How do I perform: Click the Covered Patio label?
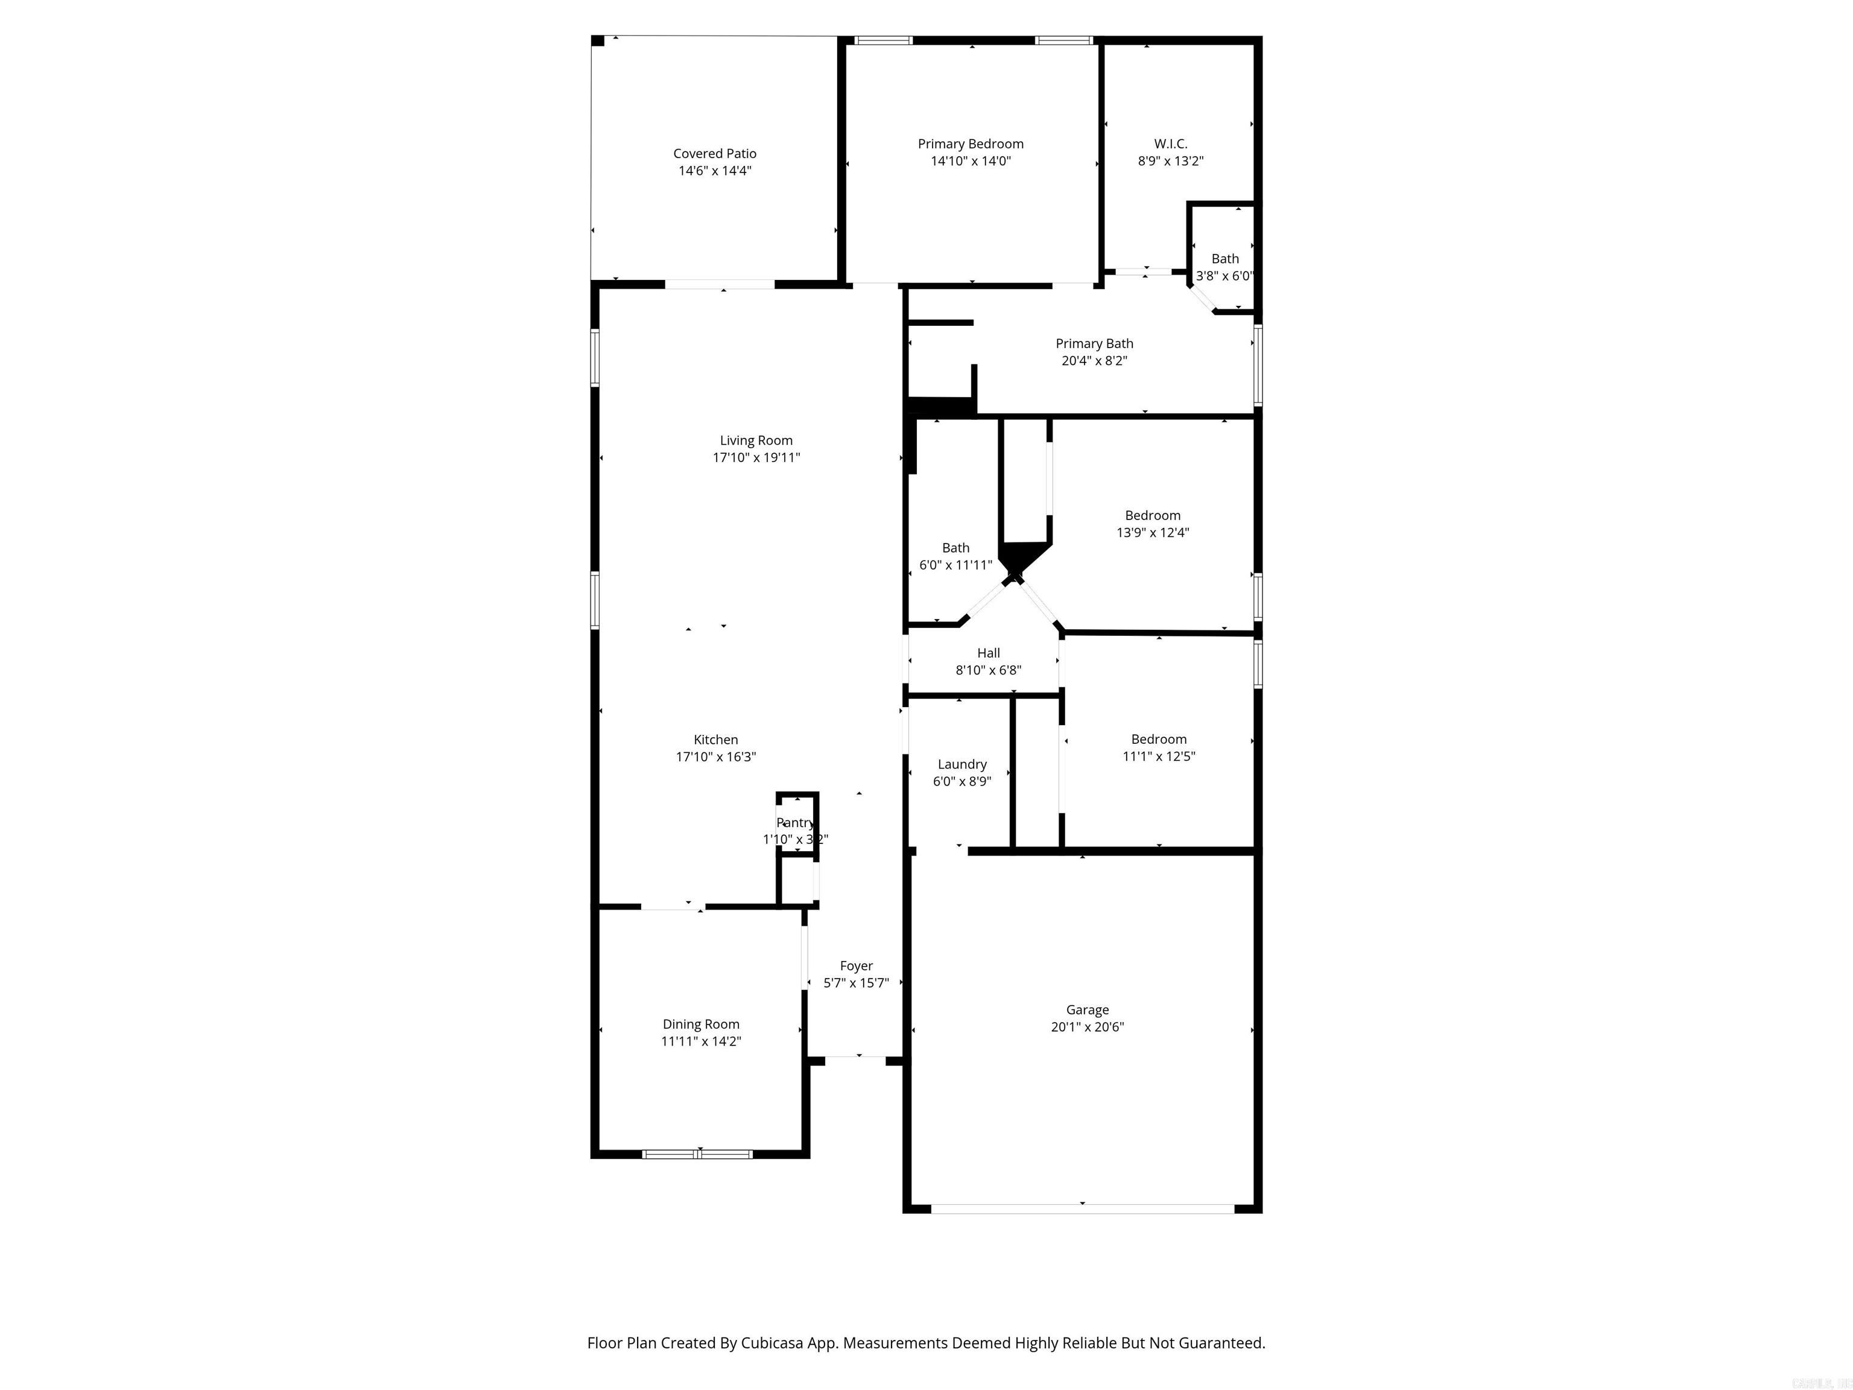[715, 153]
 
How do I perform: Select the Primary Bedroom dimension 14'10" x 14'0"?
[971, 161]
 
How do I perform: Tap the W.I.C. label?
[1170, 144]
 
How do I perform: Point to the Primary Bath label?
[1094, 343]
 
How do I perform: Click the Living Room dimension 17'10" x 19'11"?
[756, 457]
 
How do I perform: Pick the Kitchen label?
[715, 740]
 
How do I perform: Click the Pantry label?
[795, 823]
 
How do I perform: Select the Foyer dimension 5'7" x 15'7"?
[855, 983]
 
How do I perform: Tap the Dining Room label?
[700, 1024]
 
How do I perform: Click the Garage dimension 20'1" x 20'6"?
[1088, 1027]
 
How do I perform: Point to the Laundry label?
[961, 764]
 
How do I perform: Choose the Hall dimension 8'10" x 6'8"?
[989, 670]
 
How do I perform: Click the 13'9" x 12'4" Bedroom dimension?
[1153, 532]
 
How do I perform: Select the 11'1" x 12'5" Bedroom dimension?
[1159, 757]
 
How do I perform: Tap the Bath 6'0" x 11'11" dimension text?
[956, 565]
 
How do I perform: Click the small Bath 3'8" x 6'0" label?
[1224, 259]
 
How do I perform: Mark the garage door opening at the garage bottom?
[1082, 1209]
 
